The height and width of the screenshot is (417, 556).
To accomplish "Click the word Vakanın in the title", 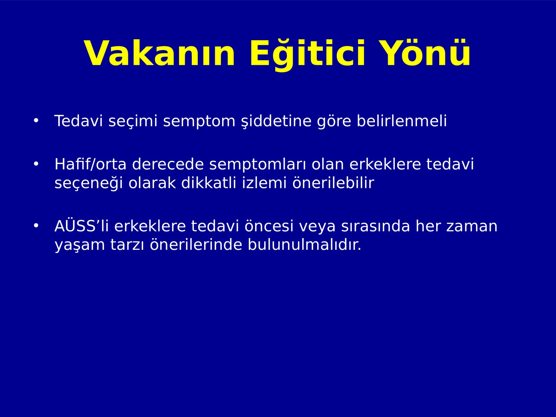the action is coord(160,53).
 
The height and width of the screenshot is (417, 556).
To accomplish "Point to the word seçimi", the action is coord(133,121).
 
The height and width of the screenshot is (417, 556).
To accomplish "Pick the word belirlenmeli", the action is coord(401,121).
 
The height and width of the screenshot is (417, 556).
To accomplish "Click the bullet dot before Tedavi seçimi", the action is coord(36,121).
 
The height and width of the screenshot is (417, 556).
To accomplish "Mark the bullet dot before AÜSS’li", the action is coord(36,226).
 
